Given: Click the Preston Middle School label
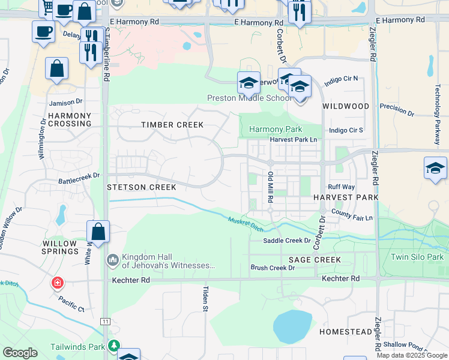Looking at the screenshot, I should coord(250,98).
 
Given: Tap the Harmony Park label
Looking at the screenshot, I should coord(276,129).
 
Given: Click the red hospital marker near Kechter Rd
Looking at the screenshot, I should coord(58,283).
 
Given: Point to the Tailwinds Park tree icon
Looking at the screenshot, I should coord(113,346).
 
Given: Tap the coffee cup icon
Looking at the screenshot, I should coord(43,31).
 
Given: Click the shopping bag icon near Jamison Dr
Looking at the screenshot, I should coord(57,69).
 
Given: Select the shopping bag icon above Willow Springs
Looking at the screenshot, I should coord(98,232).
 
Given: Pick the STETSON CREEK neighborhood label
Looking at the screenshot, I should coord(142,187).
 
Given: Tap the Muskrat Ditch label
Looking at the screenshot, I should coord(246,225).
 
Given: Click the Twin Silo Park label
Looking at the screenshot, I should coord(417,257).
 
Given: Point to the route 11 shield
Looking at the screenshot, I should coord(106,322).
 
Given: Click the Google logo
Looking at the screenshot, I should coord(20,353).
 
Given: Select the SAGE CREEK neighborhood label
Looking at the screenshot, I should coord(315,260).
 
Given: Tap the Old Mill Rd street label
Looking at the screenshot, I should coord(271,186).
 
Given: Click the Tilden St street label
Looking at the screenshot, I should coord(204,298).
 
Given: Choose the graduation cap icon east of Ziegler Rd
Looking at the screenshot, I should coord(435,168).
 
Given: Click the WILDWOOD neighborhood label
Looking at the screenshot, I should coord(346,106).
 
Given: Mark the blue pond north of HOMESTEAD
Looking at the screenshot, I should coord(292,326).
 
